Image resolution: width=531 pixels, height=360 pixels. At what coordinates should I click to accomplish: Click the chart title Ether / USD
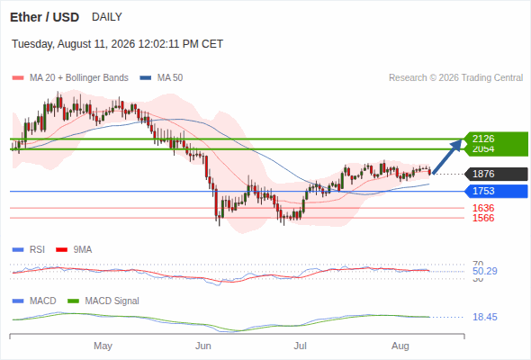pos(44,17)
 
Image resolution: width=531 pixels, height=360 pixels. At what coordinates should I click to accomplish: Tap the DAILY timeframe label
pos(107,17)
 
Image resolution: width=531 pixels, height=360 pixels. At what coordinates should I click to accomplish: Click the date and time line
pos(117,44)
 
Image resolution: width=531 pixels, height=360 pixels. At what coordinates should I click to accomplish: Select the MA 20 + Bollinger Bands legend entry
pos(70,78)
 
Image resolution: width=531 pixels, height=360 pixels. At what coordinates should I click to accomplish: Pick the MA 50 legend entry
pos(161,78)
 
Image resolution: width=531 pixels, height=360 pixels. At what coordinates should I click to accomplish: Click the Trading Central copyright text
pos(455,78)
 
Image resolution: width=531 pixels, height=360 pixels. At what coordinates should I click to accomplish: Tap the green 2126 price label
pos(483,139)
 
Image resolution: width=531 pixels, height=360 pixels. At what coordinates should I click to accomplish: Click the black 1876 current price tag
pos(496,174)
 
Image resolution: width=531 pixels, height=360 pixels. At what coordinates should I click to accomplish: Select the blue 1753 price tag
pos(496,192)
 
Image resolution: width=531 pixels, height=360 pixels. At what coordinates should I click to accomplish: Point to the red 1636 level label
pos(483,208)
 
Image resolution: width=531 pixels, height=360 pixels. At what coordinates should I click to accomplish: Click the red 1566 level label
pos(483,218)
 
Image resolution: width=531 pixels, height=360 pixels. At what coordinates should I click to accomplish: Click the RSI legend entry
pos(29,250)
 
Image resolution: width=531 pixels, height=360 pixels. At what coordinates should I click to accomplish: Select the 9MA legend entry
pos(74,250)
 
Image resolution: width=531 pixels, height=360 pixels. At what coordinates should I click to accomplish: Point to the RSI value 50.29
pos(484,271)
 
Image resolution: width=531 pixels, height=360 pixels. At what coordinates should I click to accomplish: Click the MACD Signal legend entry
pos(103,301)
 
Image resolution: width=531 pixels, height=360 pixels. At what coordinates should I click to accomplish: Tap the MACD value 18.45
pos(485,318)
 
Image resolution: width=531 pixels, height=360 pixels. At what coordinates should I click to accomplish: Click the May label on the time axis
pos(103,346)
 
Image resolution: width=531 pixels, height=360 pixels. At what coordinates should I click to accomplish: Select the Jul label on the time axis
pos(300,346)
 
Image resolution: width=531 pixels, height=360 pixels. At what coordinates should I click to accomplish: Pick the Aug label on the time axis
pos(400,346)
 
